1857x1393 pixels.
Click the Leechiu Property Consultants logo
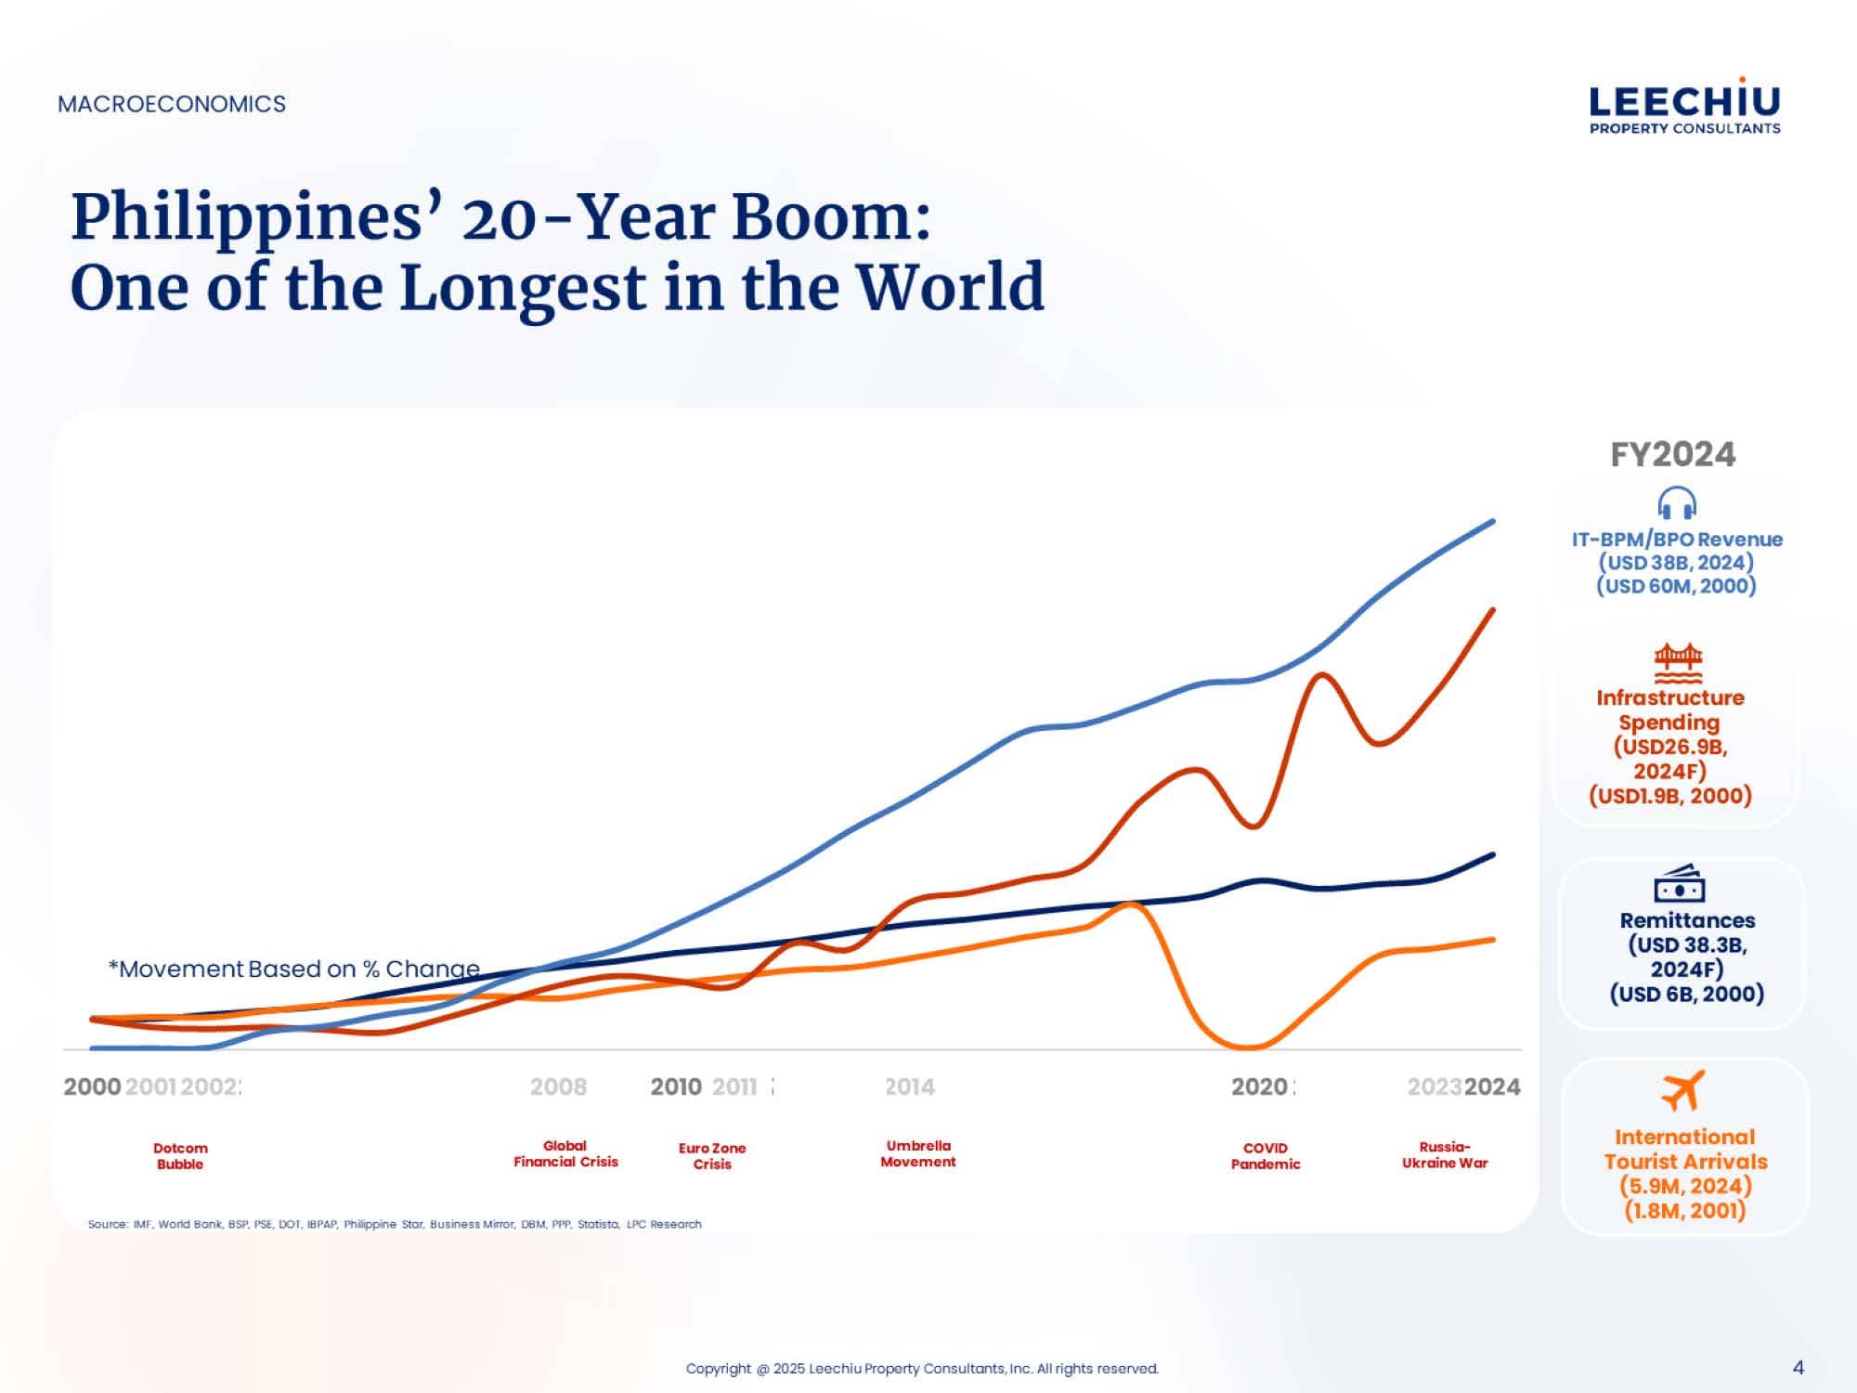pos(1684,107)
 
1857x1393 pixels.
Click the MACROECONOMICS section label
pos(172,104)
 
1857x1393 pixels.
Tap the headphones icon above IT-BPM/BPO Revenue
pos(1677,503)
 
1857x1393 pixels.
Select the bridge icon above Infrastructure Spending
pos(1678,662)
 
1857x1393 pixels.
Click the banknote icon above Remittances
pos(1680,884)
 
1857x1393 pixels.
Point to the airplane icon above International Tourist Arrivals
pos(1683,1090)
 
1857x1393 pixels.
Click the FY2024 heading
pos(1672,454)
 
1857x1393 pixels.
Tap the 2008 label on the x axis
pos(558,1087)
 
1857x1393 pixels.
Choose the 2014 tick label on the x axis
pos(909,1087)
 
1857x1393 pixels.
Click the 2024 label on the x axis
pos(1492,1087)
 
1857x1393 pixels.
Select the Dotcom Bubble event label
pos(180,1156)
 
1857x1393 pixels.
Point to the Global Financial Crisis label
pos(565,1153)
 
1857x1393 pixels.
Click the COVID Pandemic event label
pos(1266,1156)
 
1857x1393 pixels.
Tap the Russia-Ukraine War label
pos(1445,1154)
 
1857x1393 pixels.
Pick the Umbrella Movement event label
pos(918,1153)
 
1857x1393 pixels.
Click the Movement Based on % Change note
pos(294,969)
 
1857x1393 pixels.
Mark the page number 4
pos(1799,1367)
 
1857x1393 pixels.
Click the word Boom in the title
pos(830,217)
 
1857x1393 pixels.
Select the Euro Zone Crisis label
pos(712,1156)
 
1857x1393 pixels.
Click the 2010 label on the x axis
pos(676,1087)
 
